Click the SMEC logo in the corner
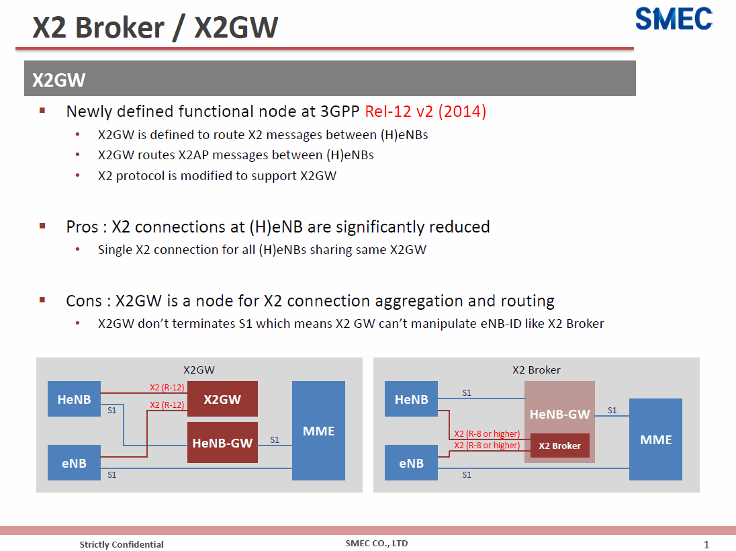click(674, 19)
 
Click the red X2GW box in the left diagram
click(222, 399)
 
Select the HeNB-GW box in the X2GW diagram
click(222, 443)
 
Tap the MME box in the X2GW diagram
click(319, 430)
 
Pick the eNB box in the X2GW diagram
click(74, 463)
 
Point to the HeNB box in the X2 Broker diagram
click(411, 399)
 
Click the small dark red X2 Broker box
click(559, 446)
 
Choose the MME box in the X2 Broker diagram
click(655, 439)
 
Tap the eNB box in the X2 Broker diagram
click(411, 463)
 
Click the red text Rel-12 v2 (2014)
click(425, 112)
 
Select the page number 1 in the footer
click(706, 544)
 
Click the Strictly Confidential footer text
click(122, 544)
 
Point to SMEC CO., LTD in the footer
click(377, 544)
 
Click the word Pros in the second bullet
click(82, 227)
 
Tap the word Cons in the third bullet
click(83, 300)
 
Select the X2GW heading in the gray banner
click(58, 80)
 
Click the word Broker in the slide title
click(120, 28)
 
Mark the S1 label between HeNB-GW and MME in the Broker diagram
click(612, 410)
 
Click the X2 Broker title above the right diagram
click(536, 370)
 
